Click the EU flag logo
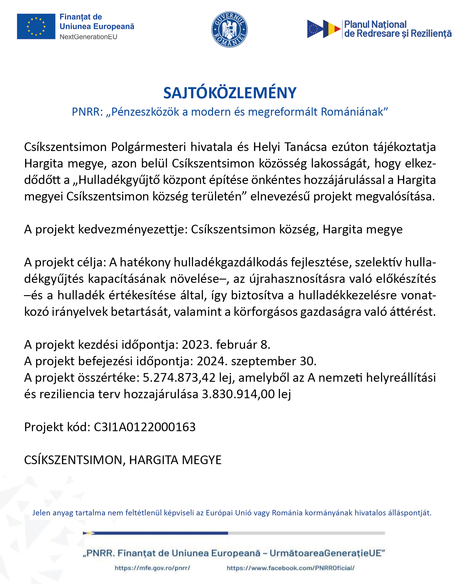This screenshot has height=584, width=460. point(36,26)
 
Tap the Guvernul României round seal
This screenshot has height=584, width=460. point(229,29)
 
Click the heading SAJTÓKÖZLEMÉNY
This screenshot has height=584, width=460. point(230,93)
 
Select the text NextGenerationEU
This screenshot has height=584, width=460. point(88,37)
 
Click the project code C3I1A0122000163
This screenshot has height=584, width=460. point(145,427)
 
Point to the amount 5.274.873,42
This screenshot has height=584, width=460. point(179,378)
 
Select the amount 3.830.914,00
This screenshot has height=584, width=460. point(238,394)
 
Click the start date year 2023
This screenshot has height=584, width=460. point(195,345)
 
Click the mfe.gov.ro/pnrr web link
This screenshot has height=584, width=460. point(153,568)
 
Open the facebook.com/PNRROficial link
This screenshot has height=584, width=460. point(290,568)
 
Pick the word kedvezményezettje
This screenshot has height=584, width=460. point(132,229)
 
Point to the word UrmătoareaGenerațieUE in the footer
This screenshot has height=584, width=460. point(327,553)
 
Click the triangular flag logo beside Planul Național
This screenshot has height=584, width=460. point(324,29)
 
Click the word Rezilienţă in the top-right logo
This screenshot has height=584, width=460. point(431,34)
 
